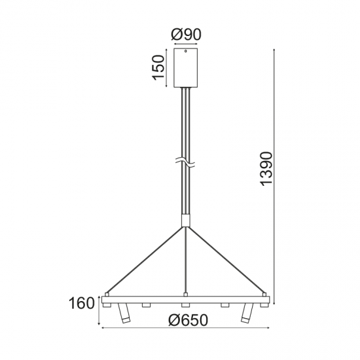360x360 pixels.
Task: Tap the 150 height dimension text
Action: tap(158, 67)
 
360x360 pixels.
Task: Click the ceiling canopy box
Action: tap(185, 67)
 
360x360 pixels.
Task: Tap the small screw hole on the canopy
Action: tap(185, 51)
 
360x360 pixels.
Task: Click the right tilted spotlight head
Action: tap(247, 315)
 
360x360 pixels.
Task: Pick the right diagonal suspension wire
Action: tap(226, 259)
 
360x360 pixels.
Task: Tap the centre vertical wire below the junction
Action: tap(185, 262)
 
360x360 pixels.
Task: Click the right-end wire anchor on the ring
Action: tap(266, 294)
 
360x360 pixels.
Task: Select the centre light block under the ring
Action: tap(185, 305)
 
